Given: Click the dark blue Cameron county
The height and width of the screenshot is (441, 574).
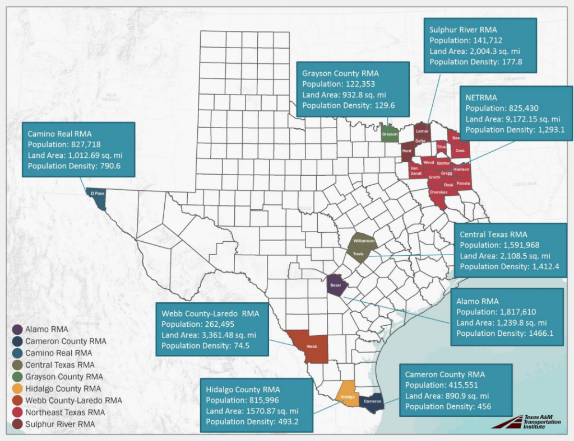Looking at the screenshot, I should (x=372, y=401).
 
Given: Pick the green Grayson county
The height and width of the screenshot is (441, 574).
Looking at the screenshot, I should (x=390, y=134).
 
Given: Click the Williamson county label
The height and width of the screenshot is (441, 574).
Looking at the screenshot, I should (x=364, y=241).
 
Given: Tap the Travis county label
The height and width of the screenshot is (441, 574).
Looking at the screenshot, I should (x=358, y=254).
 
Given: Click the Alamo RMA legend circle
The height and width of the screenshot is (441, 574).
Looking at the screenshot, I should (x=17, y=329).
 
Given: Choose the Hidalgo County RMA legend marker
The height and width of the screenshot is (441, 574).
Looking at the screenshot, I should (x=17, y=388).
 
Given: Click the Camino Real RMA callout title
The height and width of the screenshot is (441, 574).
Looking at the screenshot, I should (x=59, y=134).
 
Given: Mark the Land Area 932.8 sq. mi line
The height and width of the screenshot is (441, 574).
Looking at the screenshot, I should (x=344, y=95).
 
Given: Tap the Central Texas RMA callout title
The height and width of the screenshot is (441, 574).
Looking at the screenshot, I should (x=493, y=234).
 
